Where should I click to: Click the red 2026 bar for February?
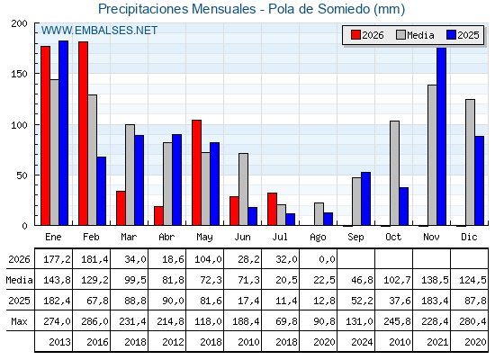[x=83, y=133]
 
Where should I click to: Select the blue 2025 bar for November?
[x=442, y=136]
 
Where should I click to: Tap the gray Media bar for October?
[x=395, y=173]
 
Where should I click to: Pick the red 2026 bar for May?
[x=197, y=173]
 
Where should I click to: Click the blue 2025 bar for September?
[x=365, y=199]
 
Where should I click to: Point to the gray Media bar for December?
[x=470, y=162]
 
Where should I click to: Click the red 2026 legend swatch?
[x=355, y=35]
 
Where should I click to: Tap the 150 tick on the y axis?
[x=19, y=74]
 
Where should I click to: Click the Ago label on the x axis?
[x=318, y=238]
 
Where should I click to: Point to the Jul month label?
[x=280, y=237]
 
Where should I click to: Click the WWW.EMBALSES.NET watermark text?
[x=99, y=31]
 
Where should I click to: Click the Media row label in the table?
[x=19, y=280]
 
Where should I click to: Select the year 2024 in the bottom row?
[x=362, y=342]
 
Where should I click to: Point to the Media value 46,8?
[x=362, y=280]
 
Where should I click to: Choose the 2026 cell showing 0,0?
[x=328, y=259]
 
